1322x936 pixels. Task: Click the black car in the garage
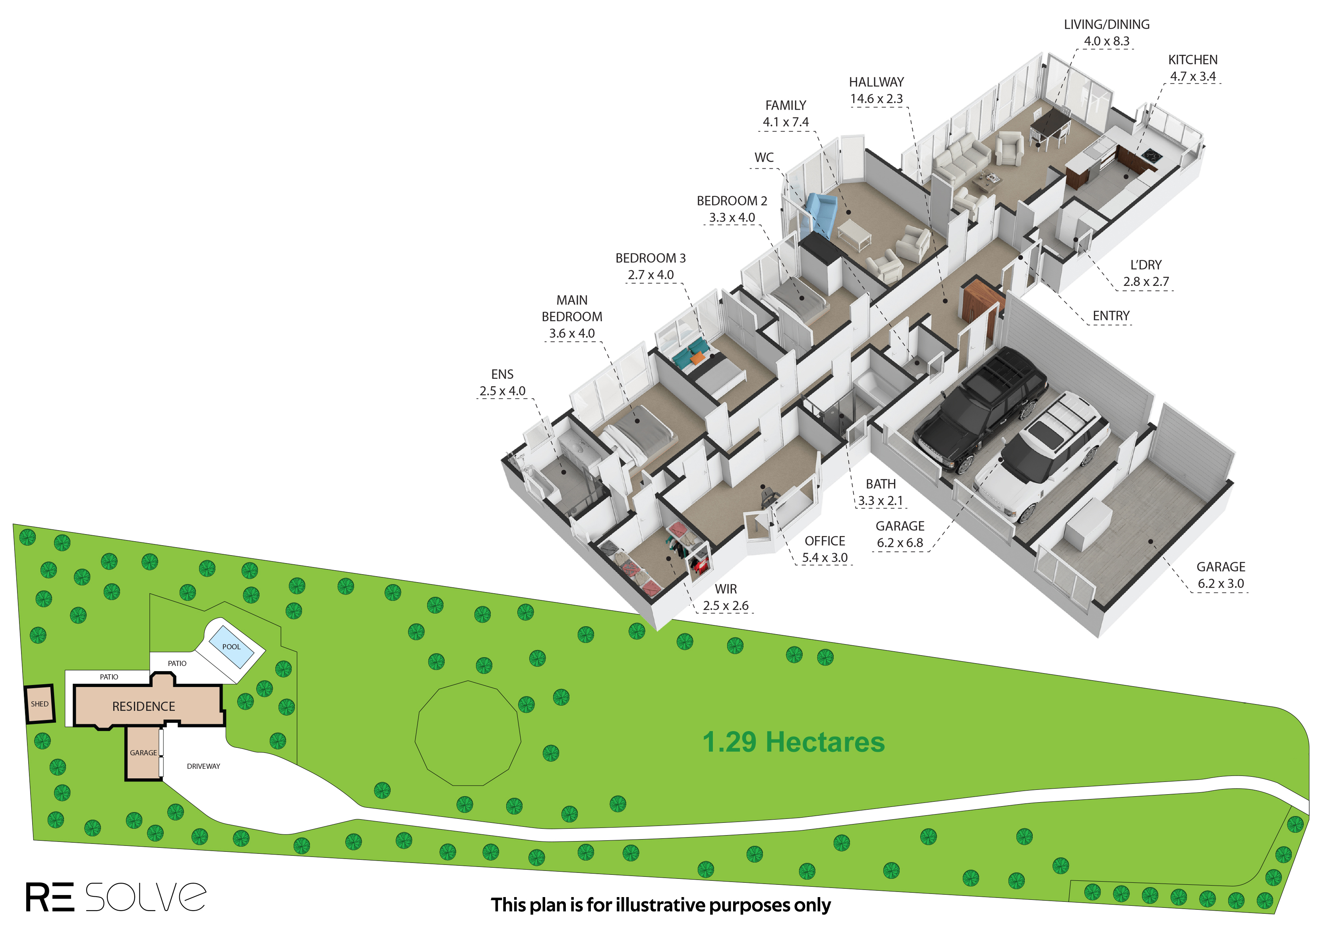click(980, 410)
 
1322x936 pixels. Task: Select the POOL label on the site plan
click(231, 647)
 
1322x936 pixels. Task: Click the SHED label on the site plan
click(40, 704)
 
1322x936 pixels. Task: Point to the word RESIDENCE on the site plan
click(143, 706)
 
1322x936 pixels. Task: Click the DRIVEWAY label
click(203, 766)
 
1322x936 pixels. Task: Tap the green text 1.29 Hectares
click(793, 742)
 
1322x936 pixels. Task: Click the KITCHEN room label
click(1193, 60)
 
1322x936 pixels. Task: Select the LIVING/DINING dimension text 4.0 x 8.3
click(1106, 41)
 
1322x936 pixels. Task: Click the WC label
click(764, 157)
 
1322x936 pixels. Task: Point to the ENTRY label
click(1111, 316)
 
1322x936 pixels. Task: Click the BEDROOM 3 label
click(650, 258)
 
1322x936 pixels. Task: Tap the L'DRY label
click(1146, 265)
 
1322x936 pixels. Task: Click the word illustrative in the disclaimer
click(660, 905)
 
